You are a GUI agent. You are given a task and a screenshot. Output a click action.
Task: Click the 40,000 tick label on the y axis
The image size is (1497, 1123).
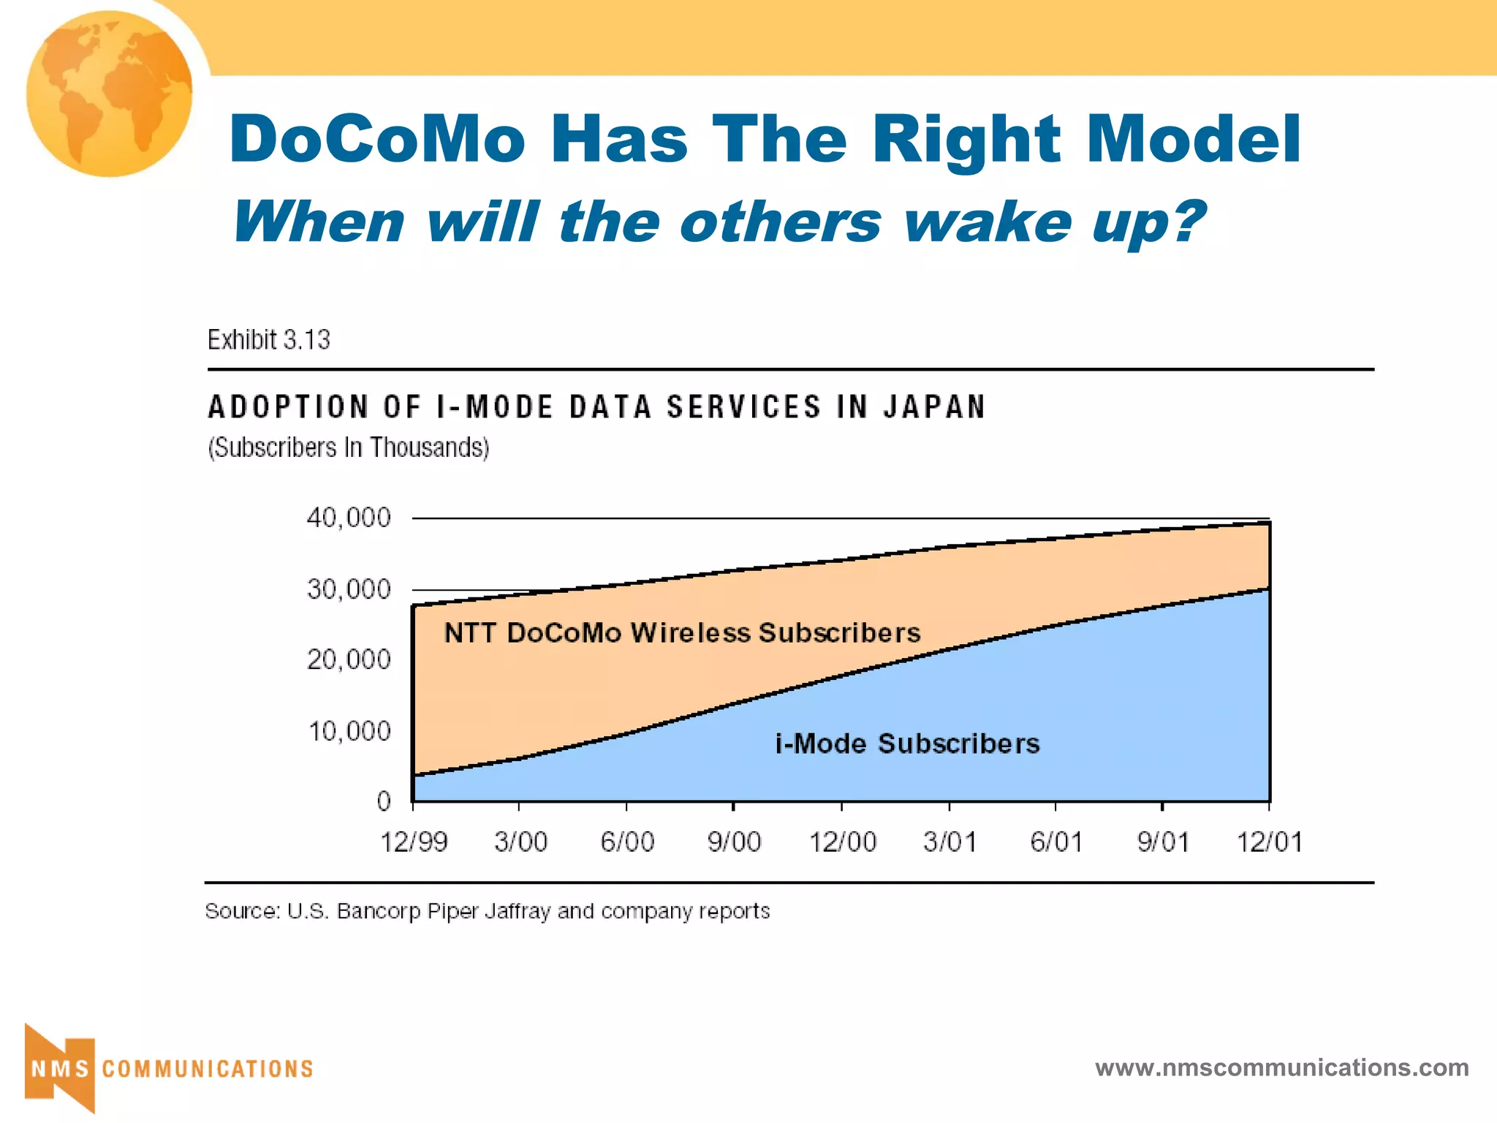pyautogui.click(x=349, y=518)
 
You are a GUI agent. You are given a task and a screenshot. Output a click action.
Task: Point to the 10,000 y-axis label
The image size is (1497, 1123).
pyautogui.click(x=349, y=731)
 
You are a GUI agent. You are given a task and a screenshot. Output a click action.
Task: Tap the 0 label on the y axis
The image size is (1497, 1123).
pyautogui.click(x=384, y=801)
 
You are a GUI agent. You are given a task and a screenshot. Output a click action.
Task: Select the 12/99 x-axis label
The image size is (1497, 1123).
pyautogui.click(x=414, y=842)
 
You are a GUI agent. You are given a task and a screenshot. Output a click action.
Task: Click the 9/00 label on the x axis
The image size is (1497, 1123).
pyautogui.click(x=734, y=842)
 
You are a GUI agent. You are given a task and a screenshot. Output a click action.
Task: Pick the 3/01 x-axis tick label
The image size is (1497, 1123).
pyautogui.click(x=950, y=842)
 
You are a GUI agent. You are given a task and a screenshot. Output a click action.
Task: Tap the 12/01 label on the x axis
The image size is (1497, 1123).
pyautogui.click(x=1269, y=842)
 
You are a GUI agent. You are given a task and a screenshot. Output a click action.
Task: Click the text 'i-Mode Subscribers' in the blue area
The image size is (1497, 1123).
pyautogui.click(x=907, y=744)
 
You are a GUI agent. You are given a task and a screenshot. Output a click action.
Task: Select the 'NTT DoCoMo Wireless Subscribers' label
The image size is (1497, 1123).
pyautogui.click(x=682, y=633)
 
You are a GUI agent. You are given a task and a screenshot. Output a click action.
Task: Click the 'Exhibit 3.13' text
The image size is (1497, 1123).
pyautogui.click(x=268, y=340)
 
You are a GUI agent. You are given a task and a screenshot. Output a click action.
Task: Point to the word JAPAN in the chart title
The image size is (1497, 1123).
pyautogui.click(x=934, y=407)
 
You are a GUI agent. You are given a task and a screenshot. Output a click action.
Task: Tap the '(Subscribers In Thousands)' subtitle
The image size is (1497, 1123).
pyautogui.click(x=349, y=447)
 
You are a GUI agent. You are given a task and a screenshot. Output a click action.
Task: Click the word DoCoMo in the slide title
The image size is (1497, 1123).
pyautogui.click(x=377, y=139)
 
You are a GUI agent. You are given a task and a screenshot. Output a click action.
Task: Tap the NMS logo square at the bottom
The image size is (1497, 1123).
pyautogui.click(x=60, y=1068)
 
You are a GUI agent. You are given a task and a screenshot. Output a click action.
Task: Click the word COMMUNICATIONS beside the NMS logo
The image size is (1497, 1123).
pyautogui.click(x=208, y=1069)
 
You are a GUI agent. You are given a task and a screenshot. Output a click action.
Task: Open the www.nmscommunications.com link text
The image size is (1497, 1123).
pyautogui.click(x=1281, y=1067)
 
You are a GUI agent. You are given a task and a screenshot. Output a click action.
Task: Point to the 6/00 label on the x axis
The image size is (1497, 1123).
pyautogui.click(x=627, y=842)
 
